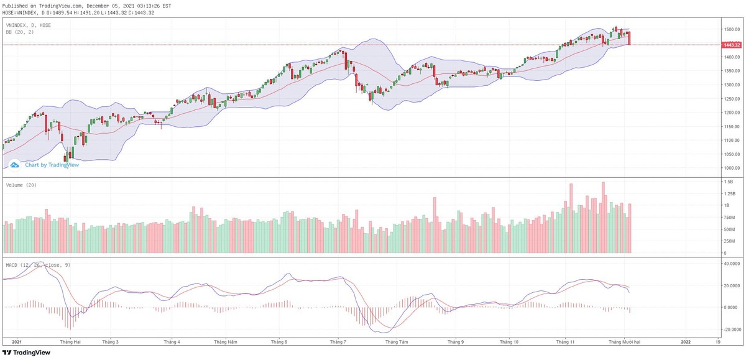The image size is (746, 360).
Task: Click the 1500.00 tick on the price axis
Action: [x=730, y=30]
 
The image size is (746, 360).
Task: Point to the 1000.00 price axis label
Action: [x=730, y=168]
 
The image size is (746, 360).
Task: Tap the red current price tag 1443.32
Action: [x=731, y=45]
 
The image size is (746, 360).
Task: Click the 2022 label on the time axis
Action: [x=685, y=341]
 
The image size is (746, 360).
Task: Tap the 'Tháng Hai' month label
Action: [x=70, y=341]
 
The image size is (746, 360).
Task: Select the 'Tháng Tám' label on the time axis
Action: [x=397, y=341]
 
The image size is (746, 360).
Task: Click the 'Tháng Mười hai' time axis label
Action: [x=624, y=341]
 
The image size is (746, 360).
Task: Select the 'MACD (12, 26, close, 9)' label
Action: [x=38, y=265]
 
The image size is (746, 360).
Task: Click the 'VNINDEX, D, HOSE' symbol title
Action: [x=29, y=25]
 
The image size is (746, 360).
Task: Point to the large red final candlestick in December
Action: [x=630, y=38]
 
